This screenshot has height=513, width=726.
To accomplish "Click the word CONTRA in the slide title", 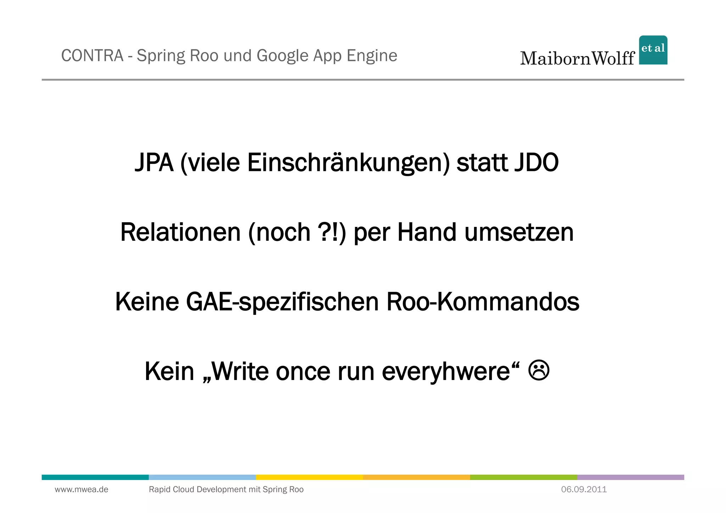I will click(x=92, y=56).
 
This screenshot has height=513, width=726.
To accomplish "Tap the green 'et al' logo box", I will click(x=653, y=50).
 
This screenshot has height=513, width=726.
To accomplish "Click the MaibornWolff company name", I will click(x=577, y=58).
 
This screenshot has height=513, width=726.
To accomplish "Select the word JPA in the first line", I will click(x=154, y=163).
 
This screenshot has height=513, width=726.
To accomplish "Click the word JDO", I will click(x=536, y=163).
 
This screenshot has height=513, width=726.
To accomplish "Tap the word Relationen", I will click(x=180, y=232).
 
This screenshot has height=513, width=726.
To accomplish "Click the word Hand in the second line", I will click(x=427, y=232).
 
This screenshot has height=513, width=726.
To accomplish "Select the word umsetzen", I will click(x=519, y=233).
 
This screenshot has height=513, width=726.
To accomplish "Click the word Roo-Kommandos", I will click(x=482, y=302).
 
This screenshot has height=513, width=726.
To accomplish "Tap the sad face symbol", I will click(x=539, y=370).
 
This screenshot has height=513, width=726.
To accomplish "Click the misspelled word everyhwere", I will click(x=446, y=372).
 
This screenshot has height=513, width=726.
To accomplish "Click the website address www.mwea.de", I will click(x=82, y=490).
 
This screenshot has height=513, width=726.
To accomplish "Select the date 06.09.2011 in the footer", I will click(x=584, y=490).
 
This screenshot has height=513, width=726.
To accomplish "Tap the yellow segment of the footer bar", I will click(x=309, y=477).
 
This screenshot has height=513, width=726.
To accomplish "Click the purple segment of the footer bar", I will click(x=630, y=477).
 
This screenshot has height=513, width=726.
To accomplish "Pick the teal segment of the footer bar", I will click(x=95, y=477).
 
